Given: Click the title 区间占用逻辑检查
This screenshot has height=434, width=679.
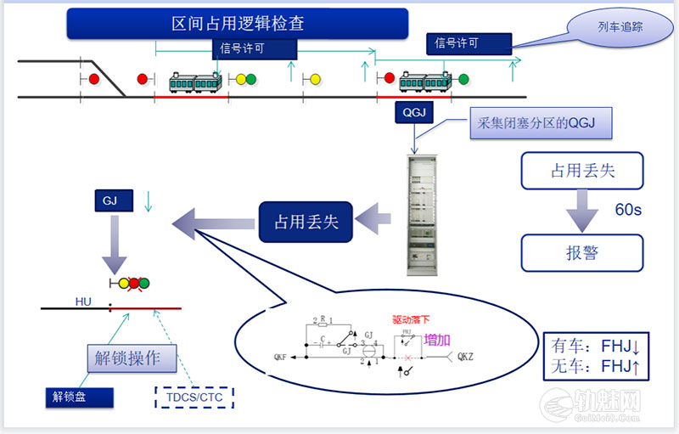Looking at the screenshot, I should (x=238, y=23).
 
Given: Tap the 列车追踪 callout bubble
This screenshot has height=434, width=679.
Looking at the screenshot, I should (x=620, y=27).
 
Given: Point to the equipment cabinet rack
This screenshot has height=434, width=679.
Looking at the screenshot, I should (x=424, y=214).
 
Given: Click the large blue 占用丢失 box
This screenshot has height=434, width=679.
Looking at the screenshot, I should (x=306, y=223).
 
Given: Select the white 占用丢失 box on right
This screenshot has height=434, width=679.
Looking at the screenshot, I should (x=581, y=172).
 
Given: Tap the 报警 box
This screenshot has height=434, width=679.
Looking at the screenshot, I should (x=581, y=253).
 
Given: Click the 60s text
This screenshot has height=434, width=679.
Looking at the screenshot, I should (x=628, y=209).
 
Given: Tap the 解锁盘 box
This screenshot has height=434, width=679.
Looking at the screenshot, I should (x=69, y=397).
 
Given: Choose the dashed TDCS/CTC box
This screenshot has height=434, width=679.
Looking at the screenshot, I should (x=194, y=397).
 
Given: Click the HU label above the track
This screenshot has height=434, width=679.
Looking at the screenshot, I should (x=83, y=301).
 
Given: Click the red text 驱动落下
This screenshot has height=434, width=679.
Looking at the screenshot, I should (x=411, y=321).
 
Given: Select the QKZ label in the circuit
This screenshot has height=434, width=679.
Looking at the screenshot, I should (x=466, y=358).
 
